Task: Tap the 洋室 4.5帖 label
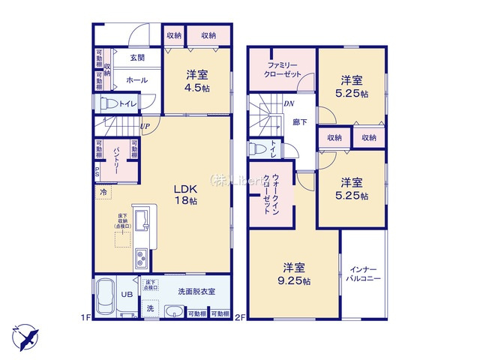197,80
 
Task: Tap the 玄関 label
136,58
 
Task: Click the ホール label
136,80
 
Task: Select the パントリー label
116,160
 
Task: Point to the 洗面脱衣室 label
196,291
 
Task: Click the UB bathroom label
128,295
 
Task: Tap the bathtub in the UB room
104,297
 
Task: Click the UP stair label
143,126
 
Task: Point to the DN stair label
289,104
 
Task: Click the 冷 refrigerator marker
101,192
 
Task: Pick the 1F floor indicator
85,317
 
